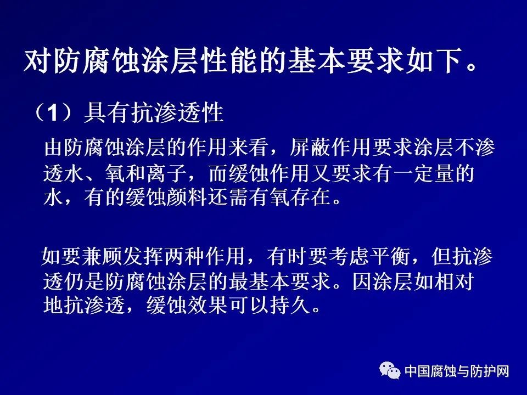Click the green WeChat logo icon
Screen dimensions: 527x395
[390, 370]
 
